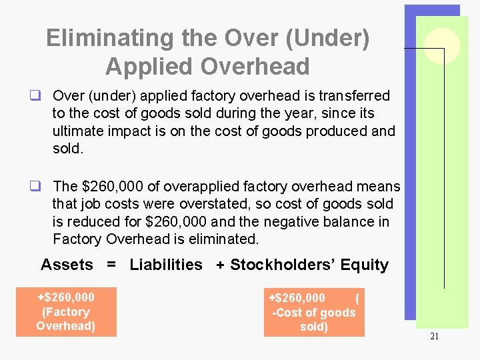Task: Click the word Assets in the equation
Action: coord(67,265)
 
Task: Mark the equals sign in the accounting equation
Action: coord(111,265)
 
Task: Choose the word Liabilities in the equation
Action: coord(166,265)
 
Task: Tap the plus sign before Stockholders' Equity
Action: coord(220,265)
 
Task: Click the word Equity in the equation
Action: coord(364,265)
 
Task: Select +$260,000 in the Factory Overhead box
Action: coord(66,297)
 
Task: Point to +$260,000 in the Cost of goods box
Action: coord(297,297)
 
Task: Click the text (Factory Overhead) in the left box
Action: coord(66,319)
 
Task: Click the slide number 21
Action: coord(434,337)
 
